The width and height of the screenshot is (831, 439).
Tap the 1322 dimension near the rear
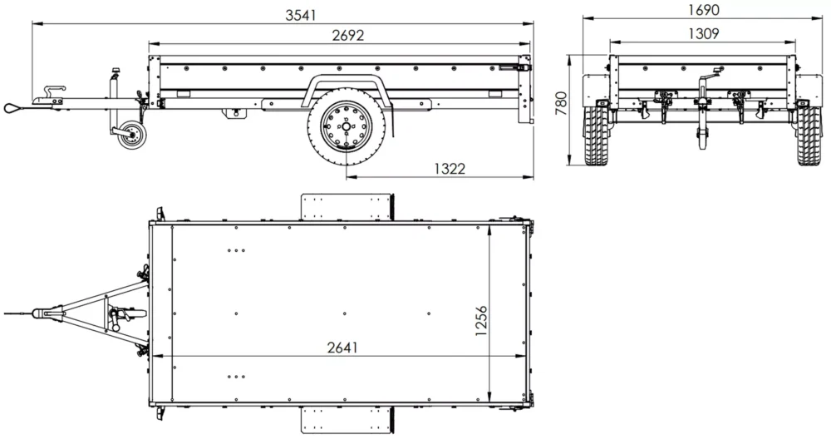tap(449, 168)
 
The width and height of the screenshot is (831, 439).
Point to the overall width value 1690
tap(703, 10)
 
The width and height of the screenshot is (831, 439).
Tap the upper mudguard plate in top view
tap(346, 206)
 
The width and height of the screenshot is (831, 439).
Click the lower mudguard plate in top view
tap(346, 420)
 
